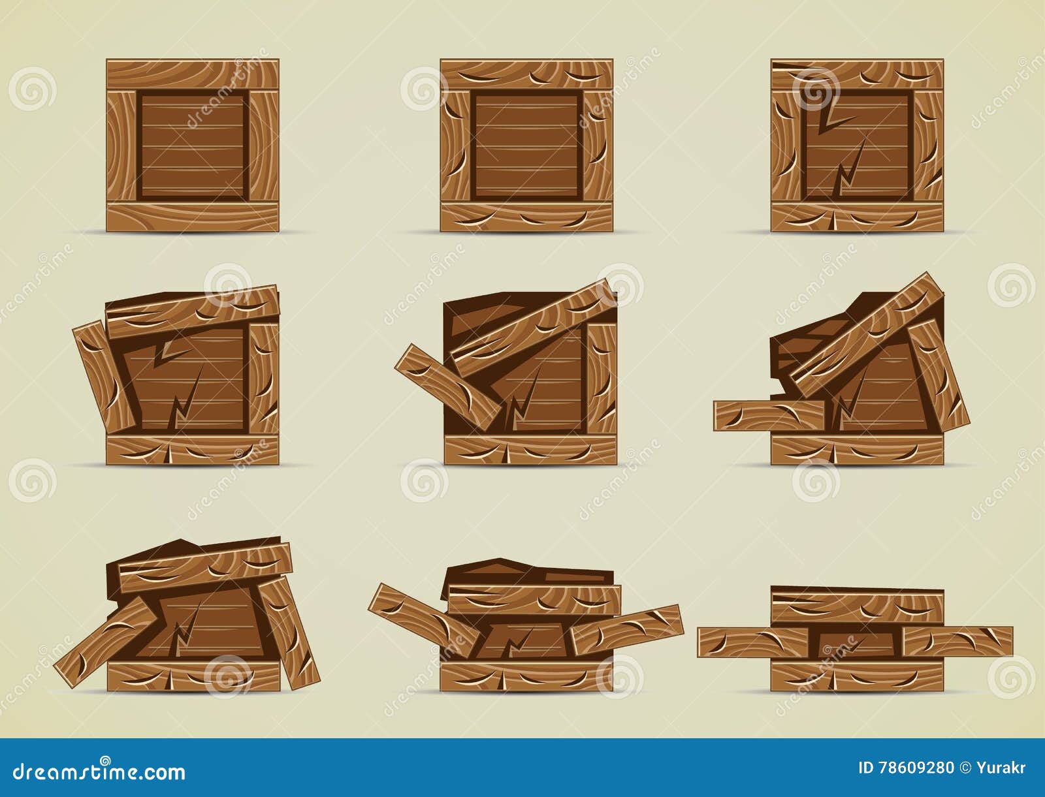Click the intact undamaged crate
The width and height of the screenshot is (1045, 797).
pyautogui.click(x=193, y=145)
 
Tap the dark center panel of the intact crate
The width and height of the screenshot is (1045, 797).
pyautogui.click(x=193, y=145)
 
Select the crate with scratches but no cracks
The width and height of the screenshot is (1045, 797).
pyautogui.click(x=526, y=145)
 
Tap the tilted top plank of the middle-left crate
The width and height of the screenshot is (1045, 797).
pyautogui.click(x=193, y=312)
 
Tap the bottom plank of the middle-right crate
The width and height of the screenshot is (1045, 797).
pyautogui.click(x=857, y=450)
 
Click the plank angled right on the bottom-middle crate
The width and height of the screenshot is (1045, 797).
pyautogui.click(x=627, y=630)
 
